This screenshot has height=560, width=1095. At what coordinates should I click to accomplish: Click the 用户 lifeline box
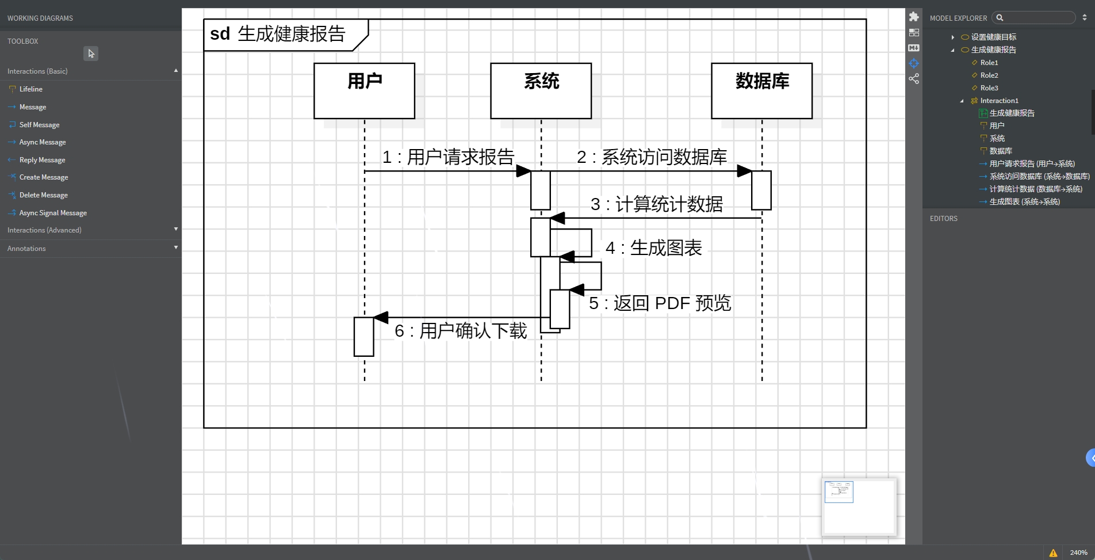point(364,90)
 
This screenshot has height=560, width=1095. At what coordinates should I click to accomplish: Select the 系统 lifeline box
point(541,90)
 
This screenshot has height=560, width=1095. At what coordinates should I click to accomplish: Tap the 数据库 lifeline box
point(761,90)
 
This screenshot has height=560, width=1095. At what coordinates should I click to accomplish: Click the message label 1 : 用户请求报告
point(448,157)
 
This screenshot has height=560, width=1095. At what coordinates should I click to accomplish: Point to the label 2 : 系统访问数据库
point(652,157)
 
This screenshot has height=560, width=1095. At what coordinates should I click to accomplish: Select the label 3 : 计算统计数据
point(656,204)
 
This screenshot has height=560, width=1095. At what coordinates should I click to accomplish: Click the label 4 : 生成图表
point(653,248)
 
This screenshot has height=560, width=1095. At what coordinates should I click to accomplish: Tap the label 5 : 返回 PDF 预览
point(660,303)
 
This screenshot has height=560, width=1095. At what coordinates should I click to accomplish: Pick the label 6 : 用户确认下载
point(460,331)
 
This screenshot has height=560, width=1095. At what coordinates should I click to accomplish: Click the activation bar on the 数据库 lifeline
point(761,191)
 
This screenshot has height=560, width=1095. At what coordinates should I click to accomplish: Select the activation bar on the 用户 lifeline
point(363,337)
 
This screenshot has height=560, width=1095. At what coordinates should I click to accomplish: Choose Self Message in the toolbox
point(39,125)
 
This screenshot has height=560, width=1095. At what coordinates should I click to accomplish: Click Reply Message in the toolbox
point(42,160)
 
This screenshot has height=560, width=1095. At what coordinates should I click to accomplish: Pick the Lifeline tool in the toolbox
point(30,89)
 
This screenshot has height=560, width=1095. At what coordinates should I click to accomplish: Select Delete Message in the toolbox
point(43,195)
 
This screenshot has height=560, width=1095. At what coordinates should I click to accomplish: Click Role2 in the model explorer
point(989,75)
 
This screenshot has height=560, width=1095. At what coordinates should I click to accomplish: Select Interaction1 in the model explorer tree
point(999,101)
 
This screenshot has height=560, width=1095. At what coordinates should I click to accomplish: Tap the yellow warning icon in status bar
point(1053,553)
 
